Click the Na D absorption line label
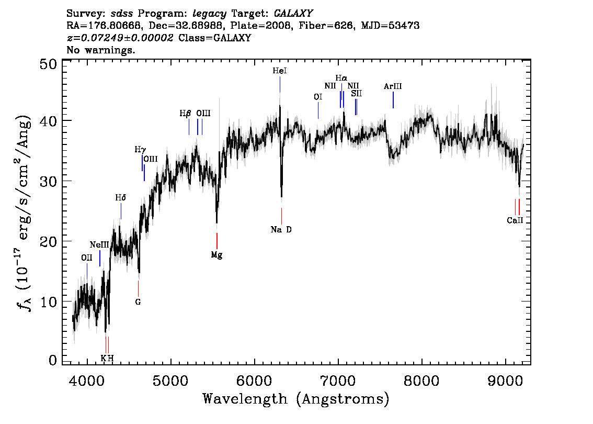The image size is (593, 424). (x=281, y=229)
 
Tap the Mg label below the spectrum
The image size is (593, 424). (x=216, y=255)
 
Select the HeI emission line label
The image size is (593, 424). (x=279, y=71)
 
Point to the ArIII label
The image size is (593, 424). (x=393, y=86)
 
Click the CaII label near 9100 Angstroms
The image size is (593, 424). (x=515, y=220)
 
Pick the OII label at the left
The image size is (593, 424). (x=87, y=258)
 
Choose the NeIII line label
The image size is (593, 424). (x=99, y=245)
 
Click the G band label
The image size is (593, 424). (x=138, y=302)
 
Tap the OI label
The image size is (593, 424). (x=318, y=97)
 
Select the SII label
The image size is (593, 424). (x=356, y=93)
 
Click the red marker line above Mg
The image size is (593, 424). (x=216, y=241)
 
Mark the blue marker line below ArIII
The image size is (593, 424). (x=393, y=101)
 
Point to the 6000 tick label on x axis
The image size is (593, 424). (x=254, y=381)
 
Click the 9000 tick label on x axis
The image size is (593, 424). (x=505, y=381)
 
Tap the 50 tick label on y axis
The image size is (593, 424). (x=49, y=64)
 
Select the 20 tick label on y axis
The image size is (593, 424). (x=49, y=241)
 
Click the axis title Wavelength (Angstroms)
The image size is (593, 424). (x=296, y=399)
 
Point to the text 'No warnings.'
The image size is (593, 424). (x=100, y=50)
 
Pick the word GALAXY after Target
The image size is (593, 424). (x=293, y=14)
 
